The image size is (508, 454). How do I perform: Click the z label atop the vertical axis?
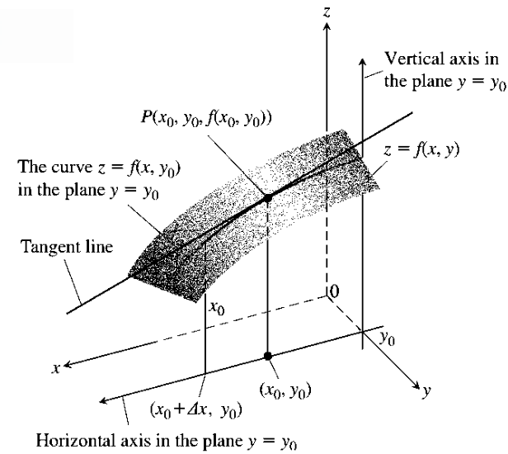click(x=328, y=11)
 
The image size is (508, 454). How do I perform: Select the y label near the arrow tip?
click(x=426, y=393)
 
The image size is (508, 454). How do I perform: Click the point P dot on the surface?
click(x=266, y=200)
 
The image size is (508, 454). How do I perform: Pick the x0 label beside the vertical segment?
click(x=215, y=309)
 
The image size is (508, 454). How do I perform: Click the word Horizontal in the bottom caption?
click(x=69, y=437)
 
